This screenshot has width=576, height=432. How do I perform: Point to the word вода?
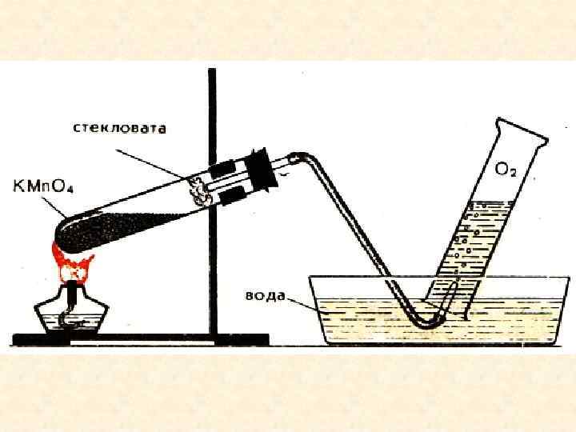pos(265,295)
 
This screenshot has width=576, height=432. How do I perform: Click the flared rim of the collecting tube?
pos(521,132)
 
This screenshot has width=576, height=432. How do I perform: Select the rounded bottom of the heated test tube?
pos(62,240)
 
